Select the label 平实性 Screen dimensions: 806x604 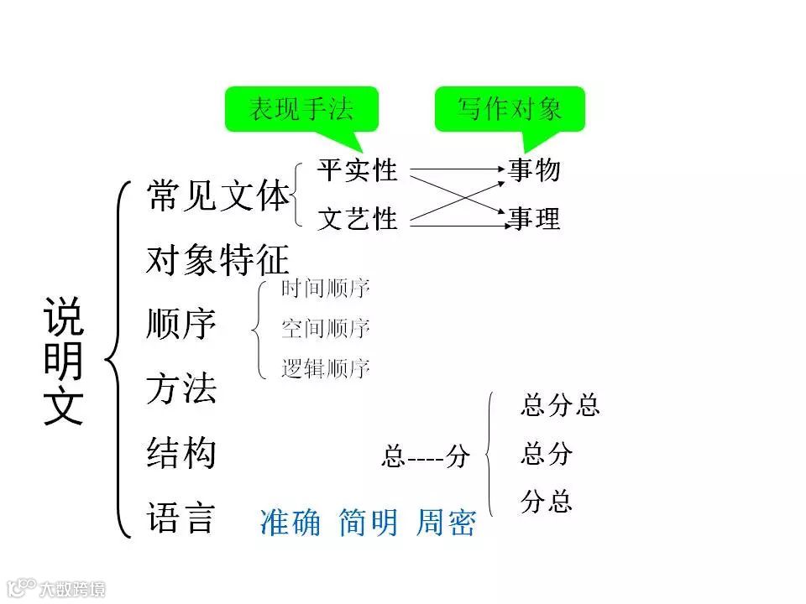[x=357, y=170]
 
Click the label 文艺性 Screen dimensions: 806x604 [x=357, y=219]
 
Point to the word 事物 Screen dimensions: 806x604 [x=534, y=170]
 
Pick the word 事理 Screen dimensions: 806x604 [x=534, y=219]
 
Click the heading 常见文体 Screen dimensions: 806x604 [x=217, y=196]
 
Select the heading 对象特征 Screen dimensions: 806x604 [x=217, y=260]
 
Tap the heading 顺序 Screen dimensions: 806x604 [x=181, y=325]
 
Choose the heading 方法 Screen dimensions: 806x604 [x=181, y=388]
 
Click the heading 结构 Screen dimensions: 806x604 [x=181, y=454]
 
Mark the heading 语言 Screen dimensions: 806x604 [x=181, y=518]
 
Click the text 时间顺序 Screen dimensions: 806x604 [x=326, y=289]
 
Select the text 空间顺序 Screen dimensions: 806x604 [x=326, y=329]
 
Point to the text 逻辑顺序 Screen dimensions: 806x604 [x=326, y=368]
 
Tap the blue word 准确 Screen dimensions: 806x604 [x=290, y=523]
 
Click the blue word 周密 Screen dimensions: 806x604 [x=446, y=523]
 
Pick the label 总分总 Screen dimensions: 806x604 [x=560, y=406]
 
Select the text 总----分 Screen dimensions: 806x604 [x=425, y=457]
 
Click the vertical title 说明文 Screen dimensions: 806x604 [x=64, y=361]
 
